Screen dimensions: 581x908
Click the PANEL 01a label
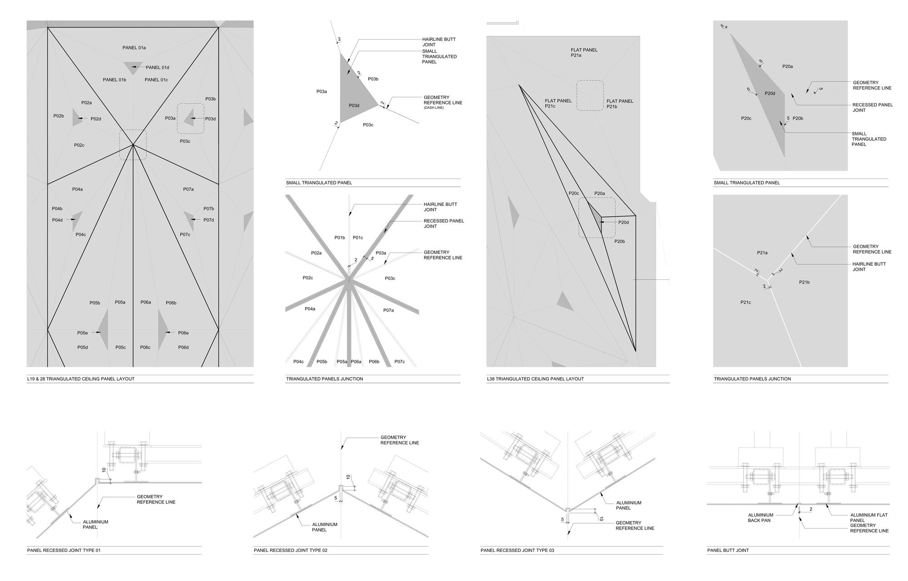(134, 48)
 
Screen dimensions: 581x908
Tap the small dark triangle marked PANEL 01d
(133, 67)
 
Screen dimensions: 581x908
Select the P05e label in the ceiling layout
(82, 333)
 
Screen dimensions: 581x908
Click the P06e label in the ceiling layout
(183, 333)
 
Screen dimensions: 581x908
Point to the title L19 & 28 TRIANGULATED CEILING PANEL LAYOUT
(81, 379)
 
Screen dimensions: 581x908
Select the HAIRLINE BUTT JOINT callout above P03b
(439, 42)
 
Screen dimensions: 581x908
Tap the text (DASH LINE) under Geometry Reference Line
(434, 108)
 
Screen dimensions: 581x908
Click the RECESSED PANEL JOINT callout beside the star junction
(444, 223)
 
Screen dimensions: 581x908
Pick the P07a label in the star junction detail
(388, 310)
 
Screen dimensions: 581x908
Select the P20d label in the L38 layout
(623, 223)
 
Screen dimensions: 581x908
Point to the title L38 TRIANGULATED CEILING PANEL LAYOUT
(535, 379)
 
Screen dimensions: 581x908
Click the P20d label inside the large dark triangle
(770, 94)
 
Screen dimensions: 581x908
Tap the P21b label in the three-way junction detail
(804, 282)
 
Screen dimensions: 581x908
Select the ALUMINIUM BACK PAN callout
(760, 518)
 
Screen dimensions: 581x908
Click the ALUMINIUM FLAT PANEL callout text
(869, 518)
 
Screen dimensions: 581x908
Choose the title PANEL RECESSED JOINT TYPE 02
(291, 551)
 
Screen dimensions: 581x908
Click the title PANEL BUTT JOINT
(728, 551)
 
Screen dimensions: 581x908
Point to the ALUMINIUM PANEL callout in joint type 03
(628, 506)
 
